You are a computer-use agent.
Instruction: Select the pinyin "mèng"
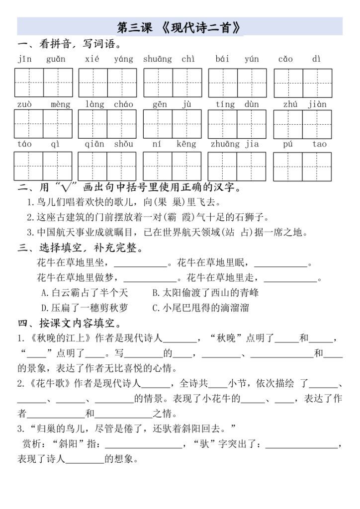[61, 104]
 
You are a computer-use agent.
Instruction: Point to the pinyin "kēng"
[186, 144]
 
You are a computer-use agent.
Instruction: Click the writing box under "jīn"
[29, 82]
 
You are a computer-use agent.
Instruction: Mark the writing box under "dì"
[318, 82]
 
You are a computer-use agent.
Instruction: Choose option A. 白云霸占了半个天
[85, 293]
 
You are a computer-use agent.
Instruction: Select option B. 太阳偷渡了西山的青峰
[205, 293]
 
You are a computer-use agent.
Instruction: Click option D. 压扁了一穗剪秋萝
[85, 308]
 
